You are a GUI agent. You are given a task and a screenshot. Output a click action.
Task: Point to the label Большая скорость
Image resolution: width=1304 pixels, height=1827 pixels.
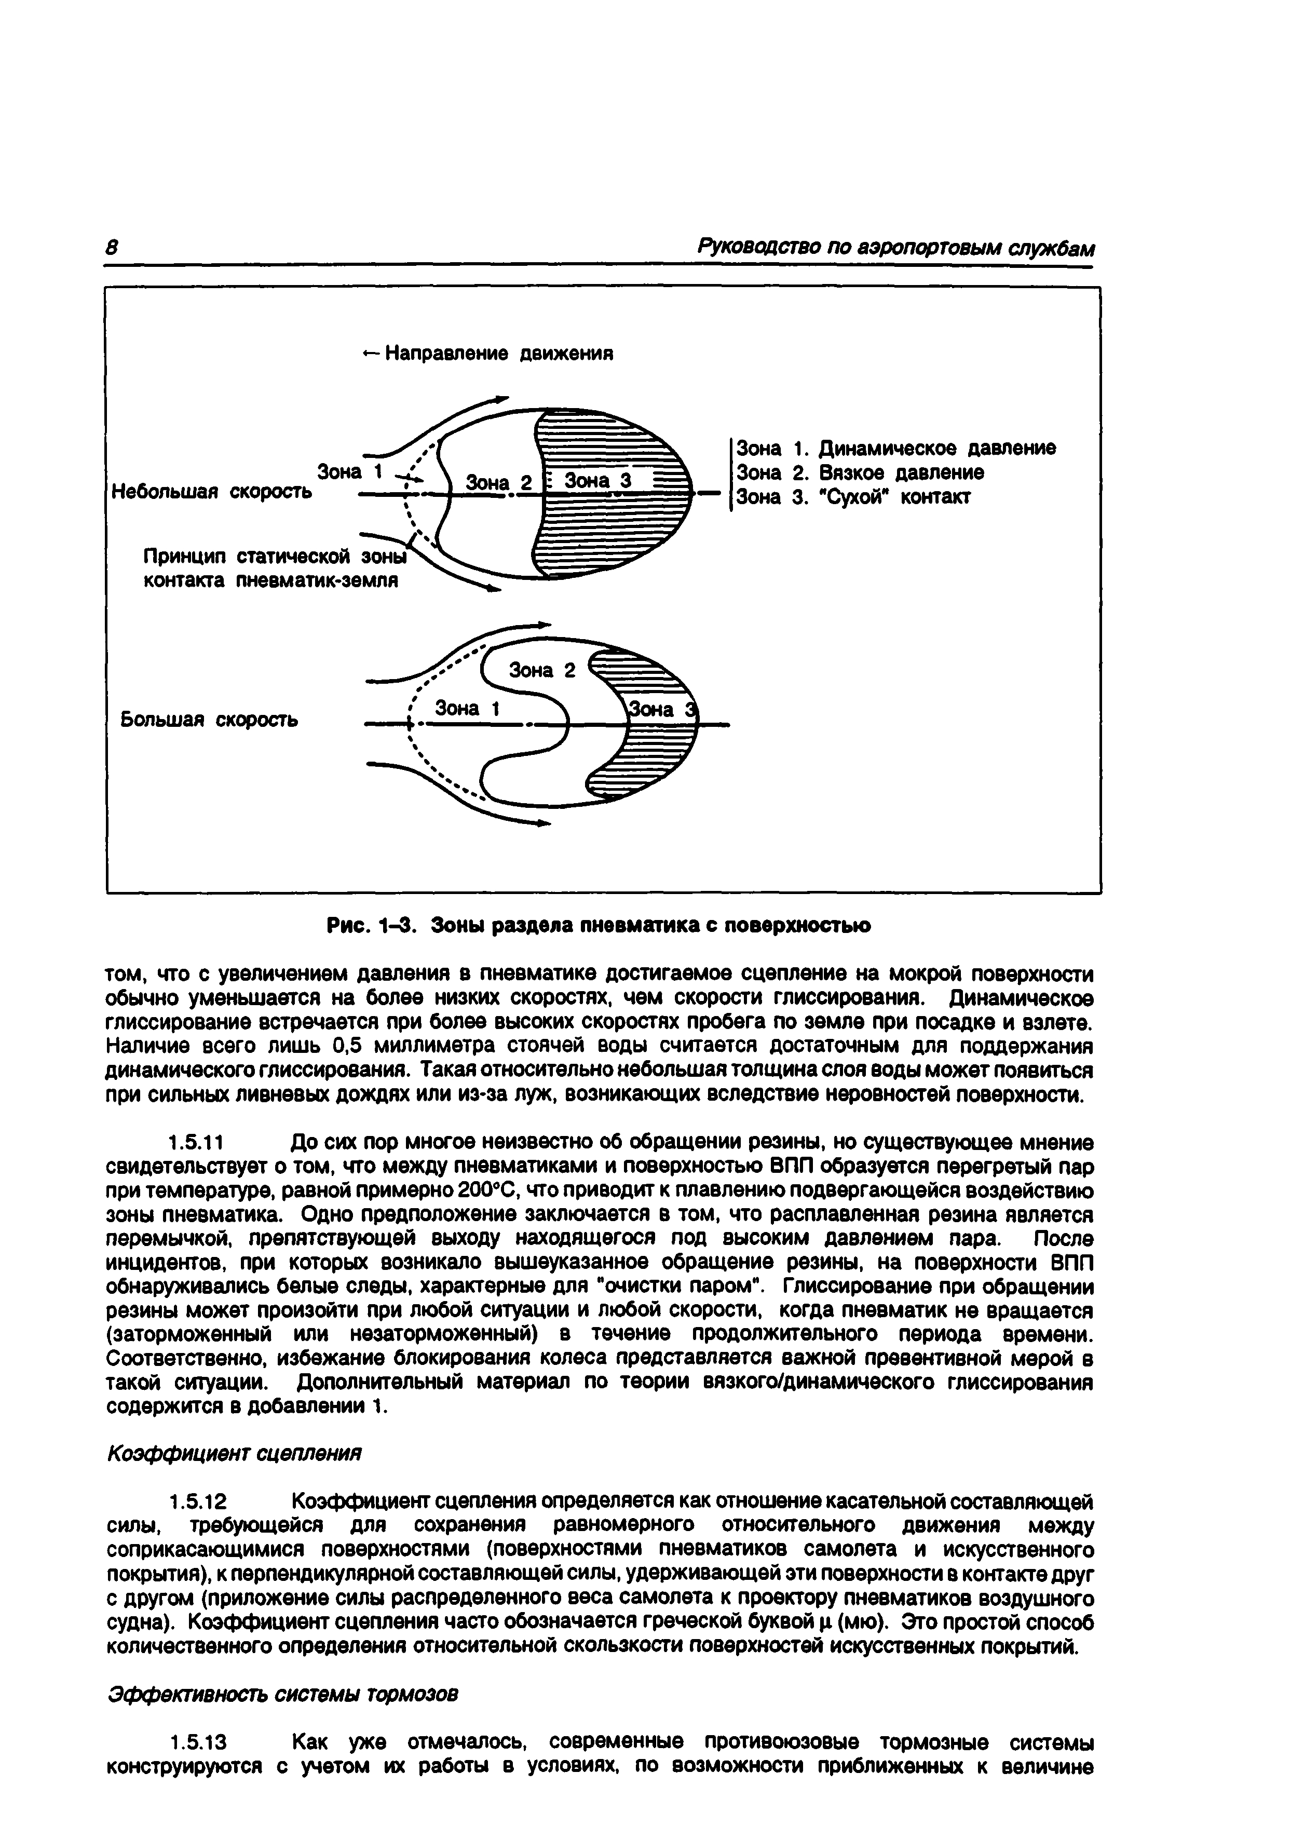click(x=209, y=719)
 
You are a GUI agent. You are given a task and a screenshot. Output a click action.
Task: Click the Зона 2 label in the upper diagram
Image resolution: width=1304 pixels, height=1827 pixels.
click(x=499, y=483)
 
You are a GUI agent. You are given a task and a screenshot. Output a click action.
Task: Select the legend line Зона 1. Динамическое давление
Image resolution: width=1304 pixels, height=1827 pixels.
click(x=895, y=448)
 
